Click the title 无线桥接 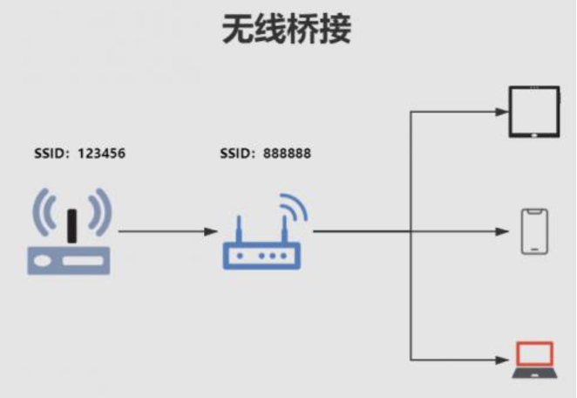coord(287,30)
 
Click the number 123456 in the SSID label coord(101,154)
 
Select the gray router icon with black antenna coord(70,232)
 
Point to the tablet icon coord(533,112)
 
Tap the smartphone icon coord(534,231)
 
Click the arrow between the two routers coord(166,231)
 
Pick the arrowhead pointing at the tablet coord(502,112)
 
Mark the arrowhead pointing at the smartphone coord(502,231)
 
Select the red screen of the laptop coord(534,353)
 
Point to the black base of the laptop coord(534,373)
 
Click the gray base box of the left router coord(70,260)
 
